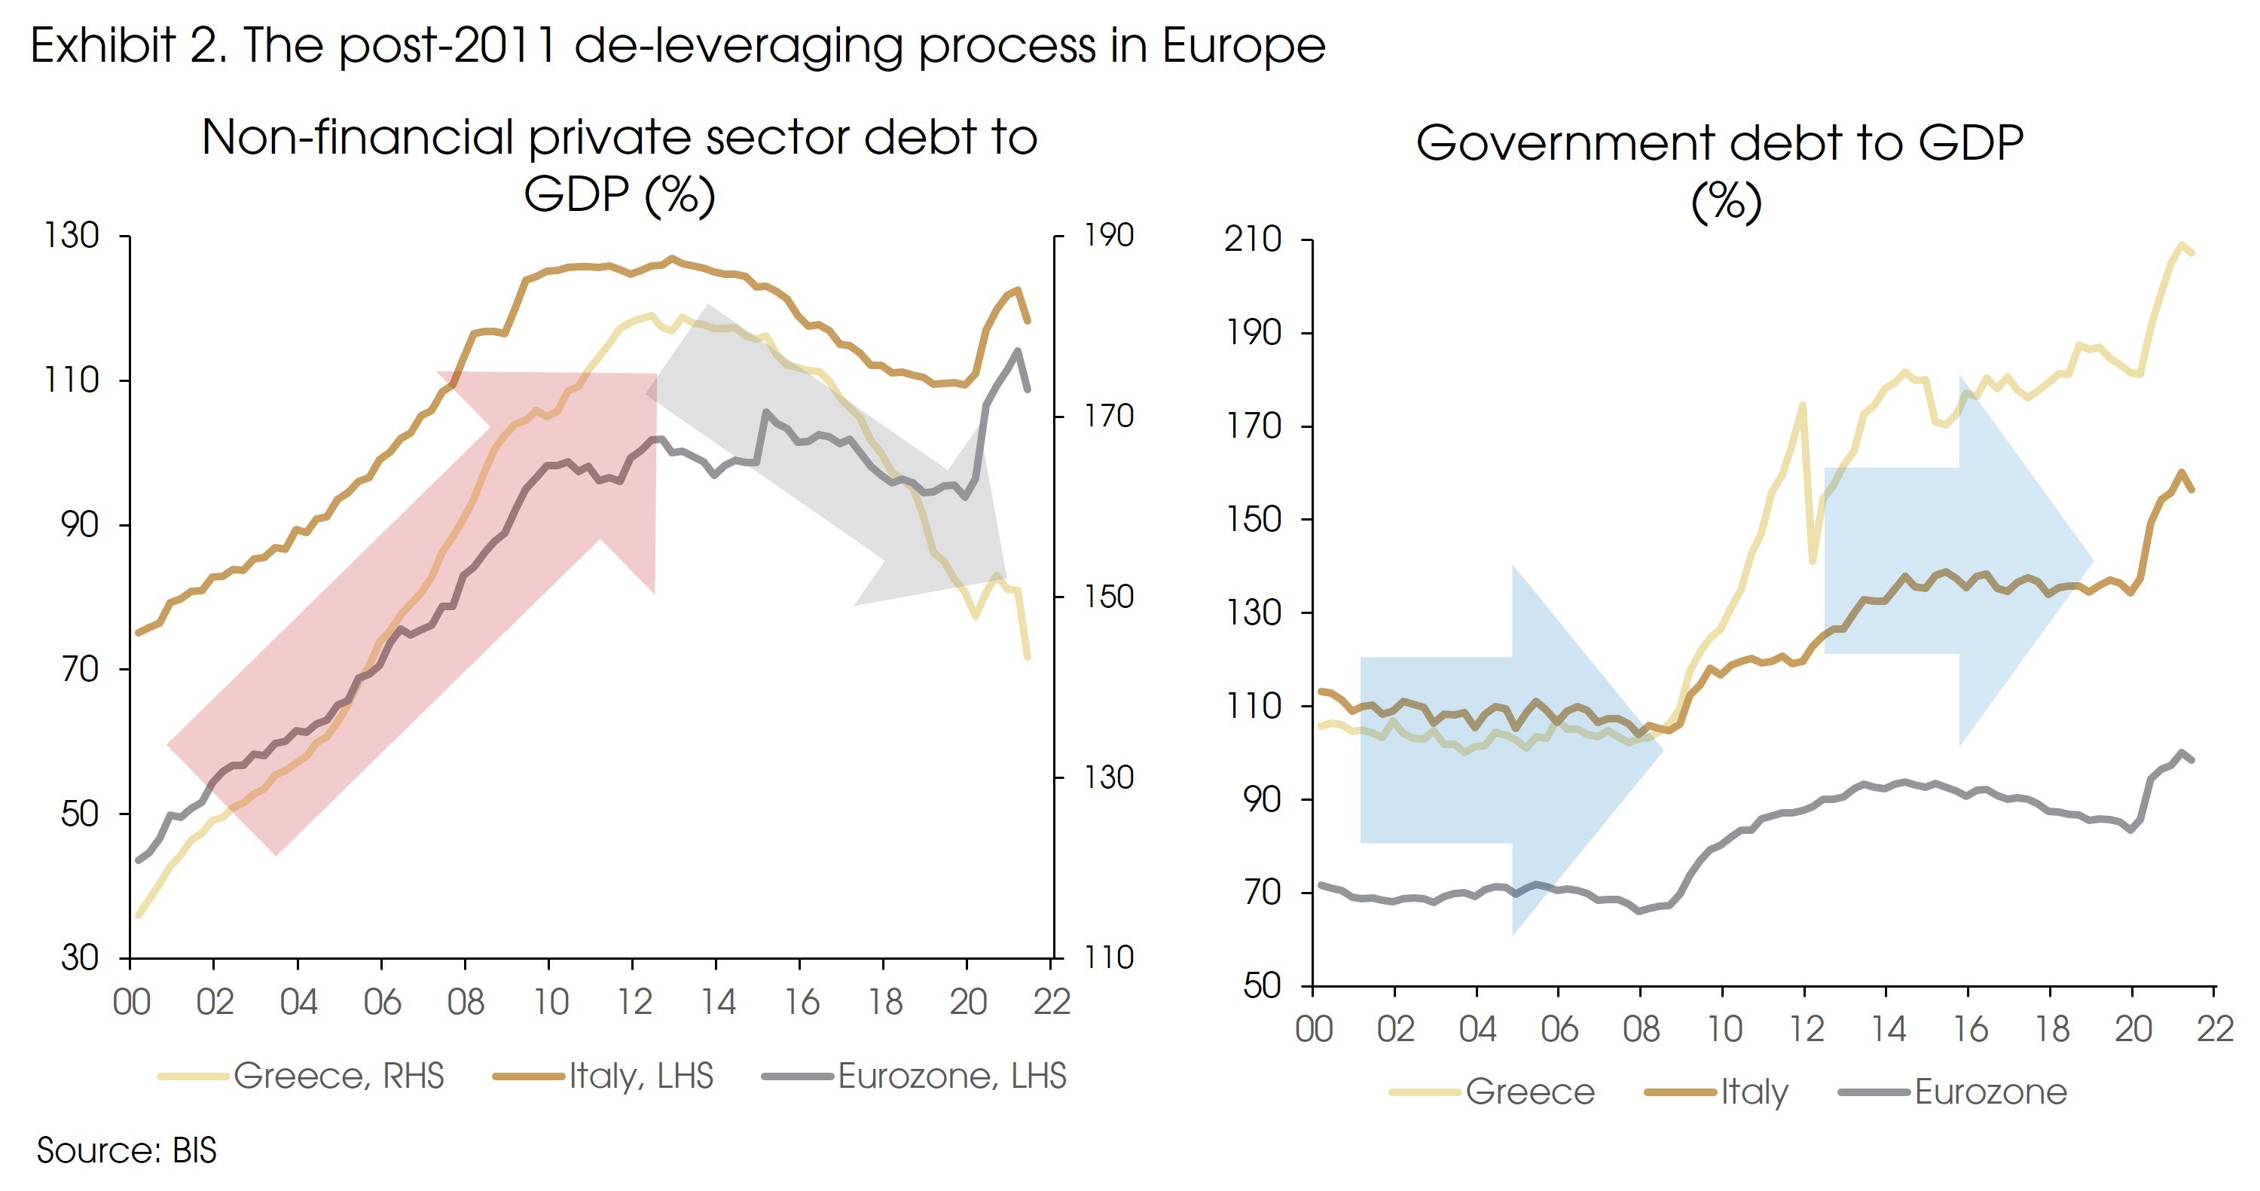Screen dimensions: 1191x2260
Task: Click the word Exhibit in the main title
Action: pos(103,46)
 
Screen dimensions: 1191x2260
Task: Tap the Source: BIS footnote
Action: pos(127,1150)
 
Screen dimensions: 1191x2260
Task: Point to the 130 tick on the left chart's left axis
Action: pos(72,236)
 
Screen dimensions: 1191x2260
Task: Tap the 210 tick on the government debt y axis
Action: pos(1253,240)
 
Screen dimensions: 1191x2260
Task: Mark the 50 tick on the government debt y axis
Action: pos(1263,986)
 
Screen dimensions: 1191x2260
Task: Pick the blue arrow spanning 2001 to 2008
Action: pos(1509,750)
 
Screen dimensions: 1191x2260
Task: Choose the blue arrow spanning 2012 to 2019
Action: pos(1956,561)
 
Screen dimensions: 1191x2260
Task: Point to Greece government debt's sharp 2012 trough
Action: pos(1813,560)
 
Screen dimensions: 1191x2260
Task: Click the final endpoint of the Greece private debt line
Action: pos(1027,655)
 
